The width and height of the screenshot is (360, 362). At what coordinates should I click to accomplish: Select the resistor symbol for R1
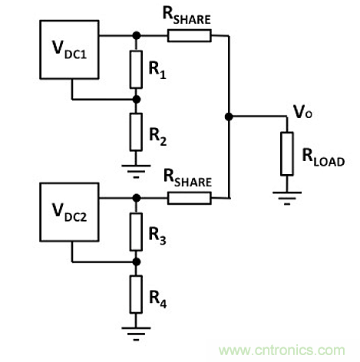[x=137, y=67]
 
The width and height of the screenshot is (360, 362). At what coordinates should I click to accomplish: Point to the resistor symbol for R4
[x=137, y=294]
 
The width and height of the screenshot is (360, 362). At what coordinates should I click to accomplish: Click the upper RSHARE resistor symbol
[x=188, y=35]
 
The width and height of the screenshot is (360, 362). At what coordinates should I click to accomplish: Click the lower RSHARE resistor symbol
[x=188, y=199]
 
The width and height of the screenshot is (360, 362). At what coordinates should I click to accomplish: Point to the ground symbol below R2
[x=137, y=166]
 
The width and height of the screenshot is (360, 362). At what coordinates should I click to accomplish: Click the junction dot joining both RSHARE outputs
[x=229, y=117]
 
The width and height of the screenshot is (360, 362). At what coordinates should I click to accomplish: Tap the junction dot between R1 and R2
[x=137, y=99]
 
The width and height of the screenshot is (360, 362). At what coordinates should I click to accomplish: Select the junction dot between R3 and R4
[x=137, y=262]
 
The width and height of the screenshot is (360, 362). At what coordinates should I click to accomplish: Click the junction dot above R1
[x=137, y=35]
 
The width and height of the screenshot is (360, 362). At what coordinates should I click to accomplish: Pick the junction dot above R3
[x=137, y=199]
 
